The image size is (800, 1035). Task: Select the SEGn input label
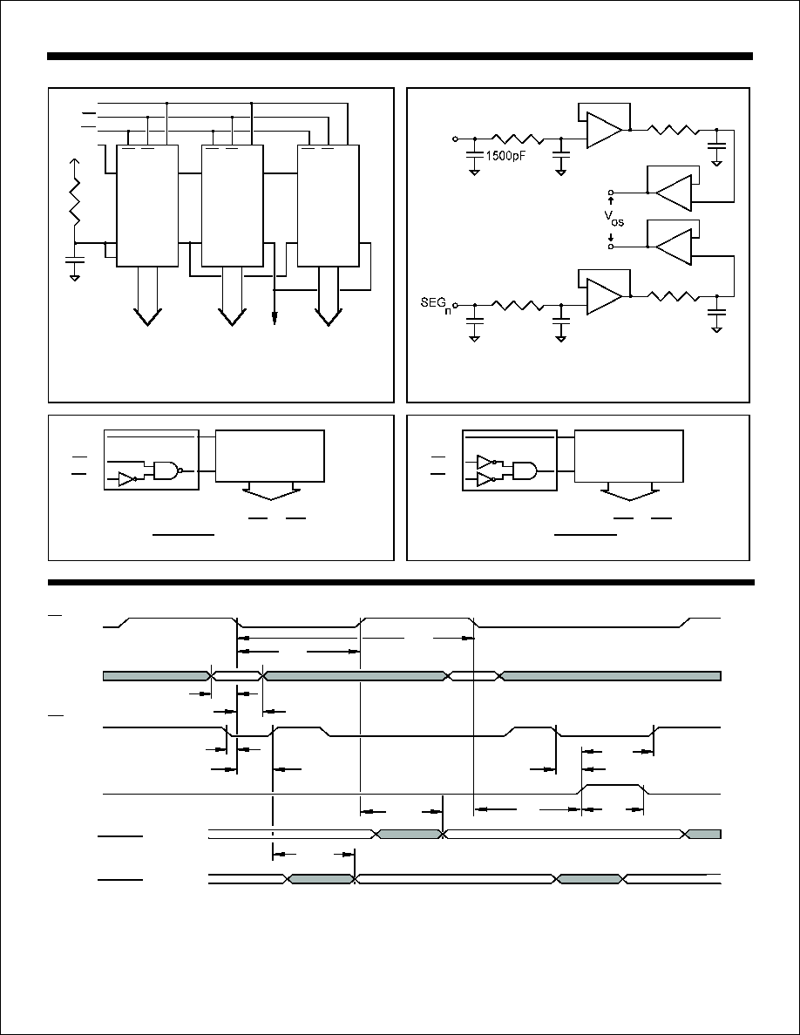point(437,305)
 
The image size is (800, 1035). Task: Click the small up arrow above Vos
point(611,200)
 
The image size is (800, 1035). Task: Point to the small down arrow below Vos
point(611,238)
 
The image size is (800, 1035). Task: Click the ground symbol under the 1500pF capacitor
point(474,172)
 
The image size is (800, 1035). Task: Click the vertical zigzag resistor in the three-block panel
point(75,200)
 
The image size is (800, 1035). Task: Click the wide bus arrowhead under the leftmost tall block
point(147,317)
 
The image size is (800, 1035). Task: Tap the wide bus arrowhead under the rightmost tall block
point(328,317)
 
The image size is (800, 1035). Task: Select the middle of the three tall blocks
point(232,206)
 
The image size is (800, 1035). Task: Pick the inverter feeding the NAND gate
point(126,479)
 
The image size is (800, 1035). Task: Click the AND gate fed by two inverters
point(524,470)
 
